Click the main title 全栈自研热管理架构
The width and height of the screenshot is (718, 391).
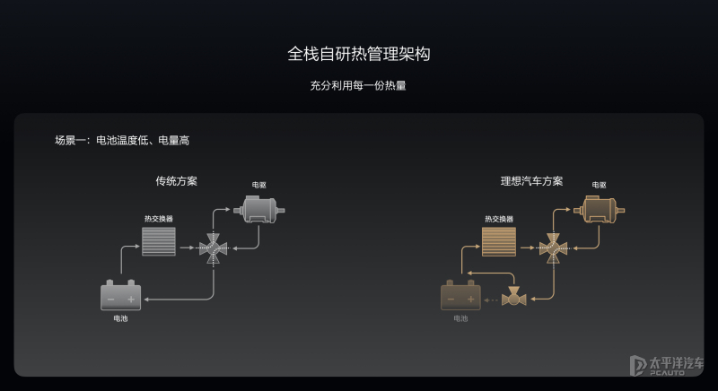tap(358, 54)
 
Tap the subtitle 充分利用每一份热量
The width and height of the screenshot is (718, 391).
tap(358, 85)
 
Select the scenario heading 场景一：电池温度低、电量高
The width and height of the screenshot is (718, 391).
tap(122, 141)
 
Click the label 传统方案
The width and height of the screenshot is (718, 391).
tap(176, 181)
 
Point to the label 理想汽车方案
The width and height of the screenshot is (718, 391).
tap(531, 181)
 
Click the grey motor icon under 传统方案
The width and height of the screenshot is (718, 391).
tap(259, 210)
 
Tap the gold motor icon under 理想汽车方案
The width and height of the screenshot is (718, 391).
tap(599, 210)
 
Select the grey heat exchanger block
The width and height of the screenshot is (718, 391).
tap(159, 241)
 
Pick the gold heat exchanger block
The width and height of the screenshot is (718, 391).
tap(499, 241)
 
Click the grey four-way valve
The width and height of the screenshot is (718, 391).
tap(214, 248)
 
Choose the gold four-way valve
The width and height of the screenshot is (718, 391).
tap(553, 248)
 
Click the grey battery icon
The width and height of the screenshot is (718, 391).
tap(121, 295)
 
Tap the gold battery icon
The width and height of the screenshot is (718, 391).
tap(460, 295)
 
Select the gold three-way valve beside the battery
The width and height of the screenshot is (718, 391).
tap(513, 296)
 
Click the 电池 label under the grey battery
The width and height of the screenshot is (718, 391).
tap(120, 318)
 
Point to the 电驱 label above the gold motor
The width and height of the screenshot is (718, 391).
tap(599, 185)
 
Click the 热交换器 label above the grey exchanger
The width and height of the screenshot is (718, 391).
tap(159, 219)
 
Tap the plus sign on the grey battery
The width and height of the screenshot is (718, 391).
tap(131, 300)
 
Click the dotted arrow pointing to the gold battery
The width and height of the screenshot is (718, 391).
tap(491, 300)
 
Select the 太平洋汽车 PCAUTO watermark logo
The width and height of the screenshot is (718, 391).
tap(667, 365)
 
